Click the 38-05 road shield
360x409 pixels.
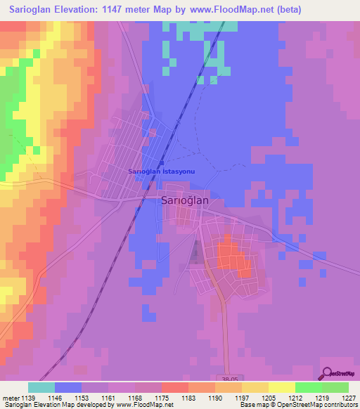tap(236, 377)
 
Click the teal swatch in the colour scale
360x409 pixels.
tap(41, 387)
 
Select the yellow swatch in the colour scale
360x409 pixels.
tap(281, 387)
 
